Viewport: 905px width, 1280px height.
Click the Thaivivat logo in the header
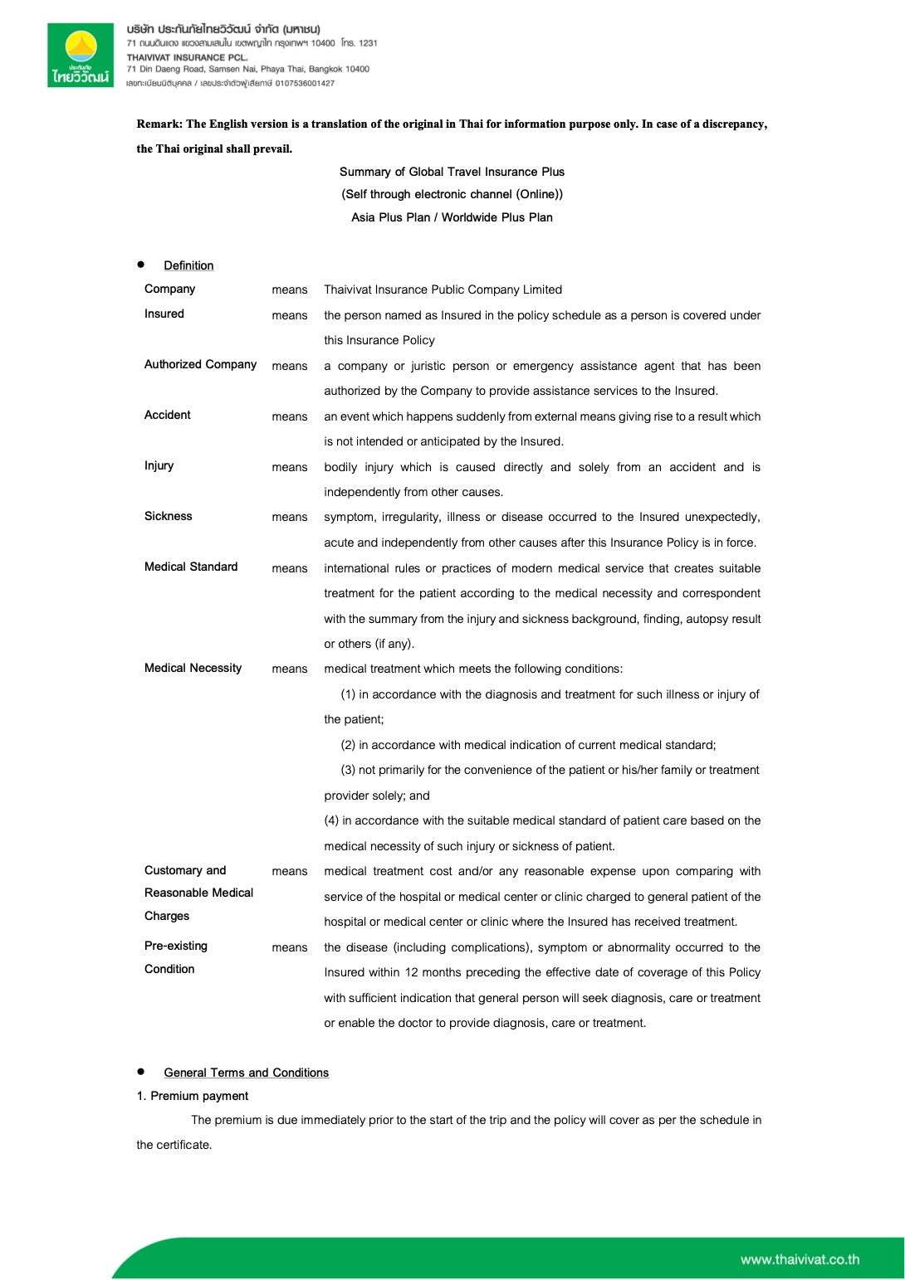point(81,56)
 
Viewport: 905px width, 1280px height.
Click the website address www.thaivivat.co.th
point(800,1259)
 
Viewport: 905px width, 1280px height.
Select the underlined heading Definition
point(188,265)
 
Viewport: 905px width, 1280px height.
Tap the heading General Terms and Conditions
point(246,1073)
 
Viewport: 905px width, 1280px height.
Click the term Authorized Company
point(200,364)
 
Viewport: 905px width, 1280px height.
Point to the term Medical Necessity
point(193,668)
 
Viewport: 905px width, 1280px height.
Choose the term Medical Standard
point(191,567)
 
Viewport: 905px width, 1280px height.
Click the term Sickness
point(168,516)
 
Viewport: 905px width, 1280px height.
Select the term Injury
point(159,465)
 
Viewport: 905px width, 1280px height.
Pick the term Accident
point(167,415)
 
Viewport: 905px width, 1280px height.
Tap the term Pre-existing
point(176,946)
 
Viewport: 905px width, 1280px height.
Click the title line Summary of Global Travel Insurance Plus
point(452,172)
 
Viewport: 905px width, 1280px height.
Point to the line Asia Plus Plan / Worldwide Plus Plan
point(452,217)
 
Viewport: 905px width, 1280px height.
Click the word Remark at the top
point(159,124)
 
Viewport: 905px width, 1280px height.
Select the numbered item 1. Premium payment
point(193,1096)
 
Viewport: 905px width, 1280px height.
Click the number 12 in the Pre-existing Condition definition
point(411,972)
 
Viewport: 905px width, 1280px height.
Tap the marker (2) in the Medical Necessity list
point(348,745)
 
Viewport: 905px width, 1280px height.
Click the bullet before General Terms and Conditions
point(141,1072)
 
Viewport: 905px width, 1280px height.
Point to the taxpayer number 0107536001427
point(305,83)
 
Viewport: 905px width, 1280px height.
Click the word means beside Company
point(289,290)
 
